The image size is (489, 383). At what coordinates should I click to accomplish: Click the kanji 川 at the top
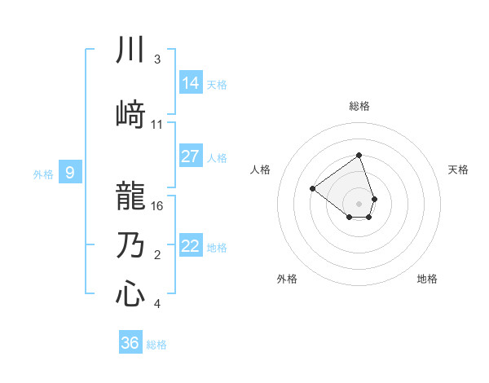pos(130,51)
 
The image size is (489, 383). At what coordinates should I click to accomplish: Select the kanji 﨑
pos(130,114)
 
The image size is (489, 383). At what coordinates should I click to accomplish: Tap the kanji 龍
pos(130,196)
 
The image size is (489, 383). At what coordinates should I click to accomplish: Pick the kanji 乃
pos(130,245)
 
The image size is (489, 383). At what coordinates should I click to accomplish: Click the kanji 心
pos(130,294)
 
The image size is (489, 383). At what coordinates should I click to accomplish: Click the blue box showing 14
pos(191,83)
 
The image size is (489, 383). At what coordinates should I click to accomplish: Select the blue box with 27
pos(191,156)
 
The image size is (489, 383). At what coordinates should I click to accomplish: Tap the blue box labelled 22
pos(191,246)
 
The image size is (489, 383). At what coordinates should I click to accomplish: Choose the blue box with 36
pos(130,343)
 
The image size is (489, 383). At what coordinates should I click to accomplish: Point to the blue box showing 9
pos(70,173)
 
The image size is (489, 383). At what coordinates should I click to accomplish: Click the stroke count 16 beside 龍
pos(158,205)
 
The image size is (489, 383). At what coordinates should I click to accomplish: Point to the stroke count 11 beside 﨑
pos(157,125)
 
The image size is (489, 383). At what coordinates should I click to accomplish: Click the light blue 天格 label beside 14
pos(217,84)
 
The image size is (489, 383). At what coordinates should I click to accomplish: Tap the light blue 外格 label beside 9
pos(42,174)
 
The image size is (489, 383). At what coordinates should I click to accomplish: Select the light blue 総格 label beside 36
pos(156,345)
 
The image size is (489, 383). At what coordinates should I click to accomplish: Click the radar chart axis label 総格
pos(359,106)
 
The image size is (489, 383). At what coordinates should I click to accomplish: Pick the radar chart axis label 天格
pos(459,169)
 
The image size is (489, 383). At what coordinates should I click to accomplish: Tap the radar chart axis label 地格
pos(427,280)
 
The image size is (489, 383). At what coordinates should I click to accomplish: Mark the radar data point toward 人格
pos(312,188)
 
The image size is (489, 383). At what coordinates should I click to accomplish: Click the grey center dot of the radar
pos(359,202)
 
